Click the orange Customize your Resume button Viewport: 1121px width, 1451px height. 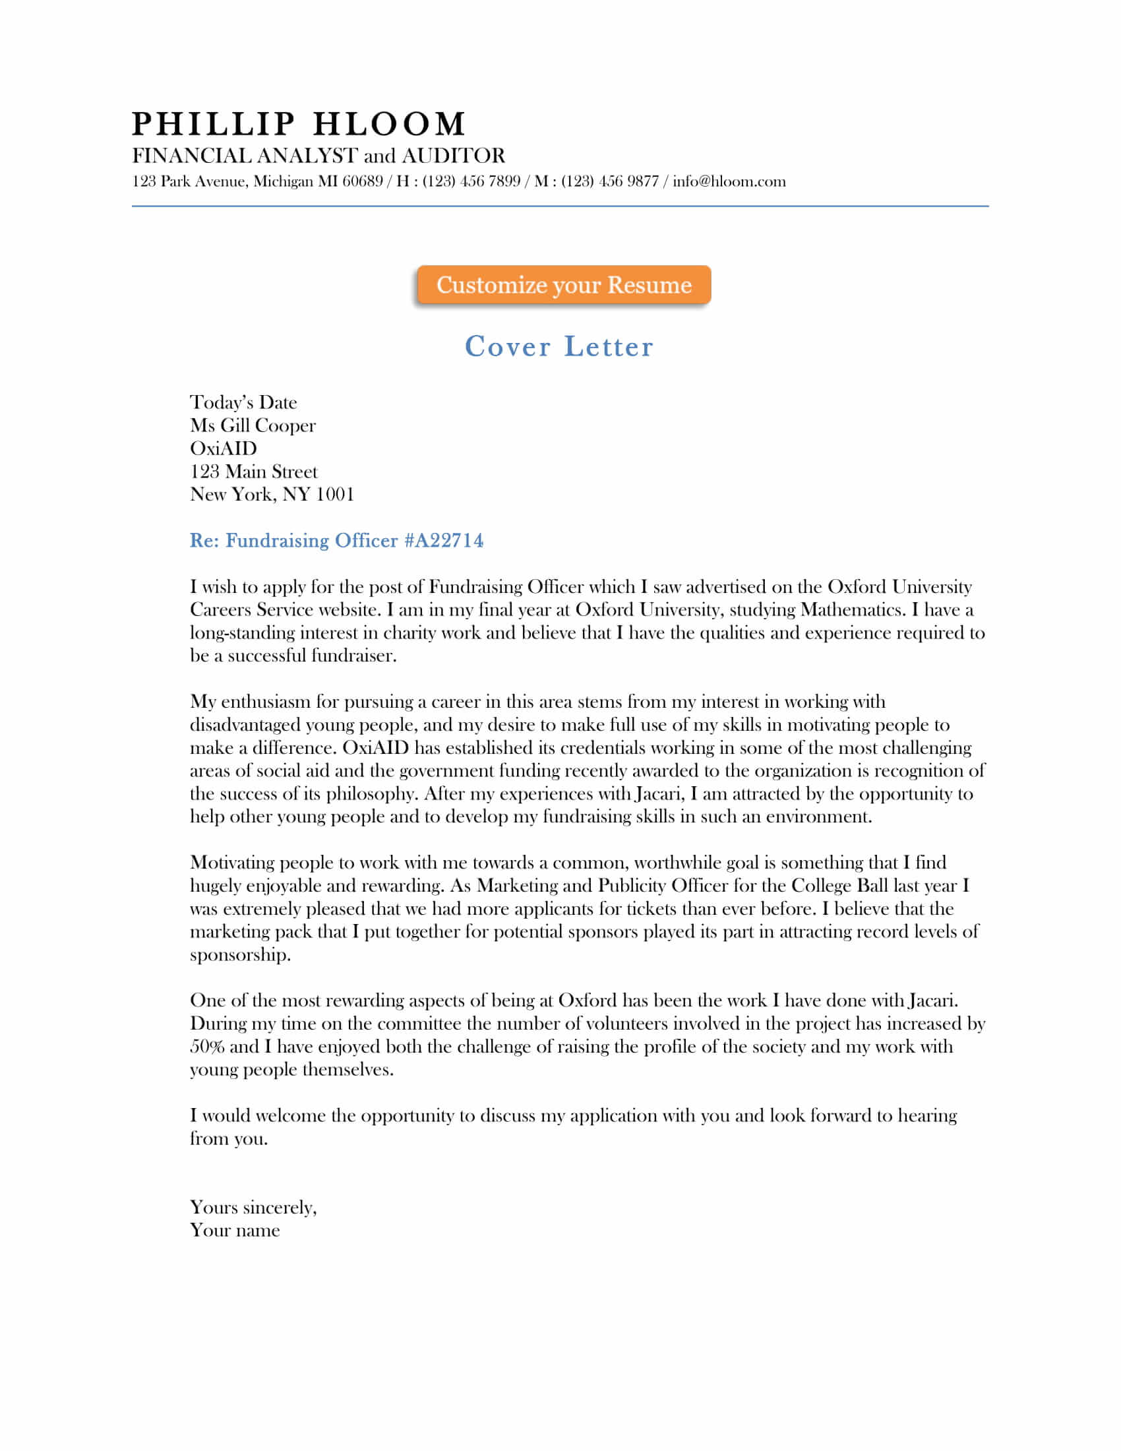(x=563, y=285)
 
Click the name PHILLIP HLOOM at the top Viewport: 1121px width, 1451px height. (x=299, y=124)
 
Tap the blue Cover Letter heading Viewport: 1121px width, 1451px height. (x=559, y=347)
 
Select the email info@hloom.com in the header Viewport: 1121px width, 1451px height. (x=729, y=181)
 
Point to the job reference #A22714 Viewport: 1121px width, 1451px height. (x=444, y=540)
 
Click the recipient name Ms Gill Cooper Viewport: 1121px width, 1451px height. (x=253, y=425)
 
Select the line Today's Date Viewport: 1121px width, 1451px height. (x=243, y=402)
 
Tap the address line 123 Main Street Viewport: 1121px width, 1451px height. (x=254, y=471)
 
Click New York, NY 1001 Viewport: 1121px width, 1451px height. (x=272, y=494)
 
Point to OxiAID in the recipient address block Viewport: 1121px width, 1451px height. (x=223, y=448)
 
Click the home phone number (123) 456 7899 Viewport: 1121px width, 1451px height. (x=471, y=181)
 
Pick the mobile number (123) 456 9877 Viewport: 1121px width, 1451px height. (x=610, y=181)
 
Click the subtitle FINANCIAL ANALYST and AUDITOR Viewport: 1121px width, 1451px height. (x=318, y=156)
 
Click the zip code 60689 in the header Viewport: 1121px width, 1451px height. (x=362, y=181)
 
